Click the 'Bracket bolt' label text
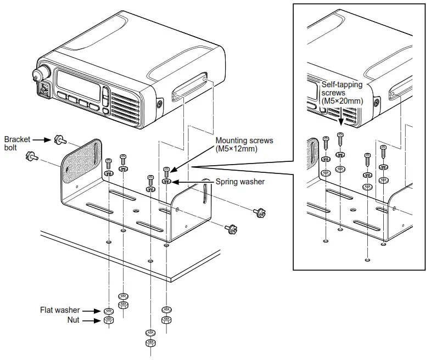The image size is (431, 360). [x=17, y=144]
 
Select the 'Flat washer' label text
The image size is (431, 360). [x=60, y=310]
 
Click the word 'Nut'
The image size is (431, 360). [x=74, y=319]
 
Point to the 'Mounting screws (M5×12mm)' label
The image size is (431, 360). [x=244, y=144]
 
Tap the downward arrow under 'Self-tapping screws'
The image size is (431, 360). [x=341, y=116]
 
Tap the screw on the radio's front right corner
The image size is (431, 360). [x=159, y=104]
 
